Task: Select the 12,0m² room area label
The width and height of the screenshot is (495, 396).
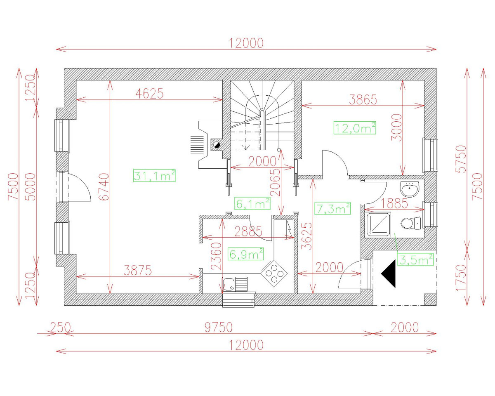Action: (x=355, y=127)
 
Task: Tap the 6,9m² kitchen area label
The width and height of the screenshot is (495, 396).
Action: (x=246, y=254)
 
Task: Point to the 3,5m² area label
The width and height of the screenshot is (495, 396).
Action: (x=416, y=260)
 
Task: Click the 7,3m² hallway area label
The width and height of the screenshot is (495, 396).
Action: (x=332, y=209)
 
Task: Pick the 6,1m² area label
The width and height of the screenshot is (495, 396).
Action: (x=252, y=203)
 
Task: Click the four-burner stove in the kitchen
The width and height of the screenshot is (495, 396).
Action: (x=274, y=273)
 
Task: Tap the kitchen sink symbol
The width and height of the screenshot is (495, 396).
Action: (x=234, y=284)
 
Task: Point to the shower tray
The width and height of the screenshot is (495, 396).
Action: (x=378, y=224)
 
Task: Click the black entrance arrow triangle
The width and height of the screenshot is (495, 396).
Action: (x=389, y=274)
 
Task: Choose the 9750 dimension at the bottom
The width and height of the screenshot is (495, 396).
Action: (x=219, y=328)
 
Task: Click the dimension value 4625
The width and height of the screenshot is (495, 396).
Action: (x=150, y=94)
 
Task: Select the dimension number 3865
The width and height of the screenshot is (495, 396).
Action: (x=363, y=99)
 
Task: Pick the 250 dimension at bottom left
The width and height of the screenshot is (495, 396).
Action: (x=60, y=328)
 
